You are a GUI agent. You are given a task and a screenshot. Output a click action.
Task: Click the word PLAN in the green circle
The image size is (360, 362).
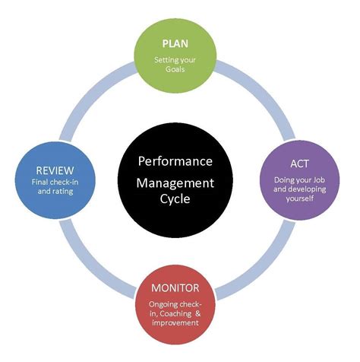click(x=175, y=43)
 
